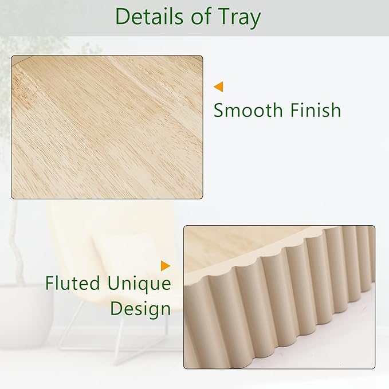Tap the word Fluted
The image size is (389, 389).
[72, 283]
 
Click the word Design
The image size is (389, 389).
[141, 310]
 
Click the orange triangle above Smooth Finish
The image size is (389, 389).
[218, 87]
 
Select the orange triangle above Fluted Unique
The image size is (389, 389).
[166, 266]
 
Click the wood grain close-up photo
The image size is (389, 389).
[107, 127]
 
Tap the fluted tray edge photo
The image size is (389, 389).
[280, 297]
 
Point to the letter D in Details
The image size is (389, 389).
[123, 17]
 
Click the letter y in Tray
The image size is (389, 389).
[254, 21]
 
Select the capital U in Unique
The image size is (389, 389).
[114, 284]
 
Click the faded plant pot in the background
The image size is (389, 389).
[26, 315]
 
